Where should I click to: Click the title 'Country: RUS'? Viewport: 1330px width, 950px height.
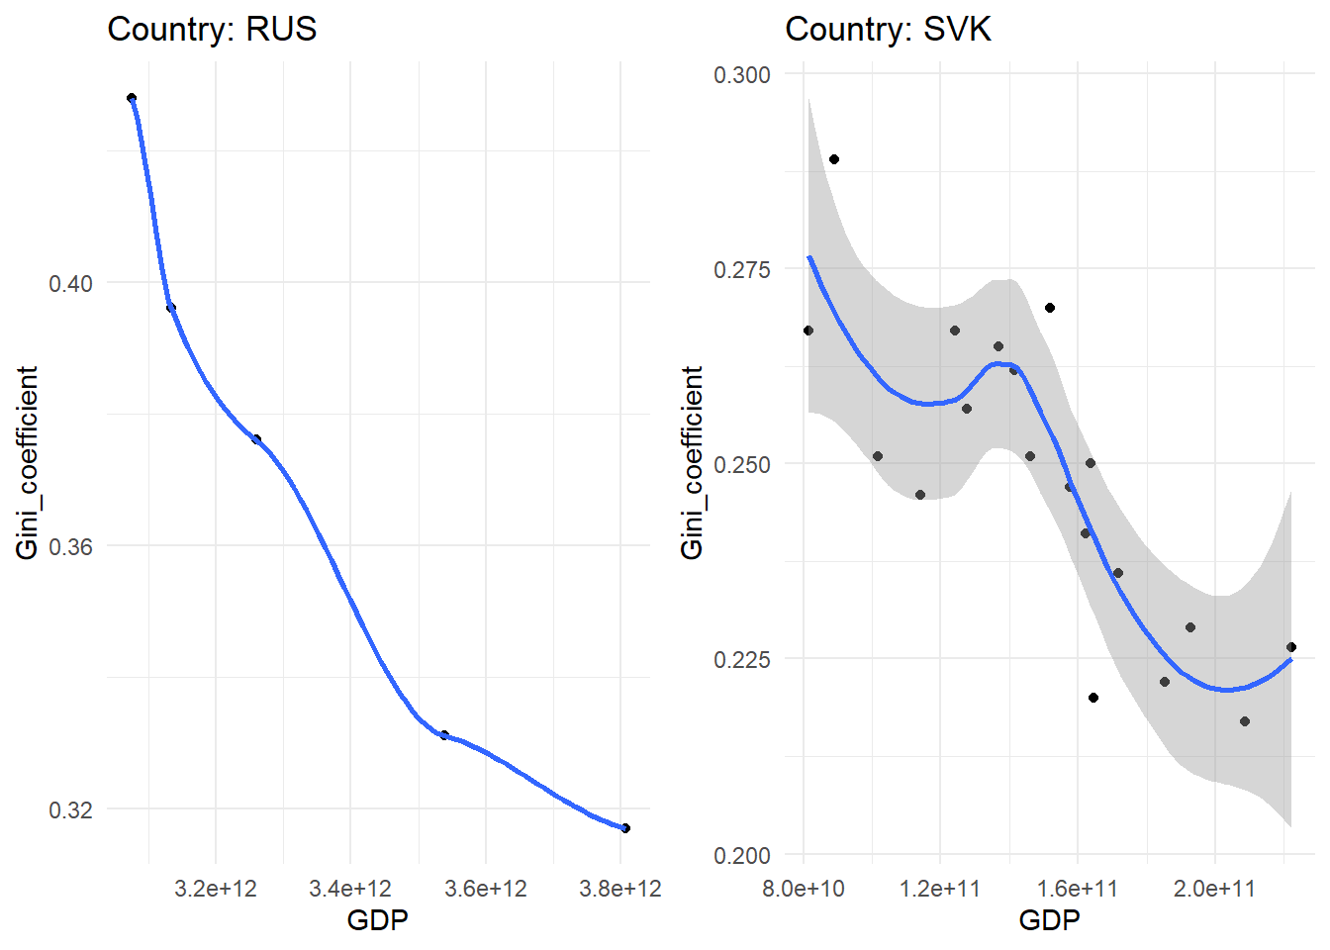[x=212, y=29]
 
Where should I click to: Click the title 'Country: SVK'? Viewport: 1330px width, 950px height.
[x=888, y=29]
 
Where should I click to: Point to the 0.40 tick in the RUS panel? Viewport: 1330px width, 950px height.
[x=70, y=284]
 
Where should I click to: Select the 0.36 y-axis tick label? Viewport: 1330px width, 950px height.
[x=70, y=547]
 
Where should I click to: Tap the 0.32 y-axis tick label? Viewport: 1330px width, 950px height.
[x=70, y=810]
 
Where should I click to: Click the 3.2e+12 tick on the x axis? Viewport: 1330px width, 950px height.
[x=216, y=889]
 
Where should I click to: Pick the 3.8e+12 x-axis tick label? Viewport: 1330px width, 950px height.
[x=620, y=889]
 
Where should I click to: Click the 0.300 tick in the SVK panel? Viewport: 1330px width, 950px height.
[x=742, y=75]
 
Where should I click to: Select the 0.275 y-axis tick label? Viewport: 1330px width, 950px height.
[x=742, y=270]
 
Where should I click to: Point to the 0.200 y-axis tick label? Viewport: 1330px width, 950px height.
[x=742, y=856]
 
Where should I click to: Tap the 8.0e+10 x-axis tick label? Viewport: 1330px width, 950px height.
[x=804, y=889]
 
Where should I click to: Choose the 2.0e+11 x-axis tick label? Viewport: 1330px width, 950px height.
[x=1214, y=889]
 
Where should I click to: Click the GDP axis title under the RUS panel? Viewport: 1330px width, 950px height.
[x=377, y=921]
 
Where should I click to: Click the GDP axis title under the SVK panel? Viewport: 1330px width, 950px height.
[x=1049, y=921]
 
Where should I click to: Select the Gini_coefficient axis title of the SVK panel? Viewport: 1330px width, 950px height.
[x=693, y=462]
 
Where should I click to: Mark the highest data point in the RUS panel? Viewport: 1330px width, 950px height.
[x=132, y=98]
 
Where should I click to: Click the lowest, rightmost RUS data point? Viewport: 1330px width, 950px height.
[x=625, y=828]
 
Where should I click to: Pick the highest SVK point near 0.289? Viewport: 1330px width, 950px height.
[x=834, y=159]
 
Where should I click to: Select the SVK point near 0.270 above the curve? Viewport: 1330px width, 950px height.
[x=1050, y=308]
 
